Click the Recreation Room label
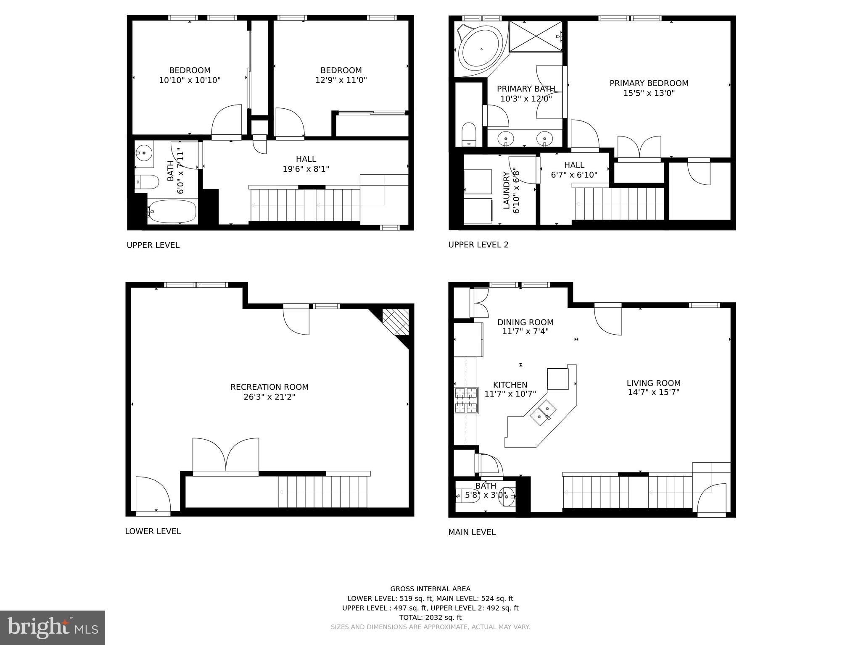pos(269,387)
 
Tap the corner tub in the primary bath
pos(480,50)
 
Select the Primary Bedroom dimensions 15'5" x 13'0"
pos(649,93)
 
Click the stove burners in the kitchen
pos(466,400)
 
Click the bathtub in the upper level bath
pos(172,211)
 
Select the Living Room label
pos(653,383)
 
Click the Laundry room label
pos(506,190)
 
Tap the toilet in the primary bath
pos(468,134)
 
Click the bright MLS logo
pos(52,627)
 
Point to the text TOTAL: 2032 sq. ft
pos(430,617)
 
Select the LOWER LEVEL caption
pos(153,531)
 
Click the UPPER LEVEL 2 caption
pos(478,244)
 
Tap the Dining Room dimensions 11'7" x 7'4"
pos(525,331)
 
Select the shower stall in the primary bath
pos(536,37)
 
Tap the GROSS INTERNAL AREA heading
pos(430,589)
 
